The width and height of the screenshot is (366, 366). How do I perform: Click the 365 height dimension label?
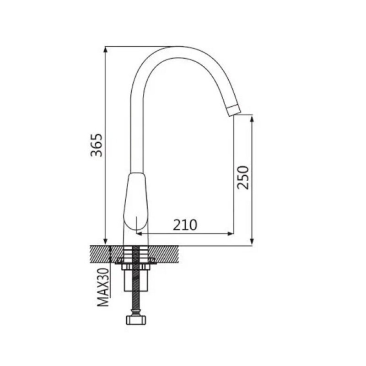[x=97, y=145]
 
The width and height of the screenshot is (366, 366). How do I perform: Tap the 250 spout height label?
[x=243, y=178]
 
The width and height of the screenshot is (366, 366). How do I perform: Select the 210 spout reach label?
[x=185, y=225]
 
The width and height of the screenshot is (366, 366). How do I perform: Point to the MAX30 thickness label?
[x=103, y=287]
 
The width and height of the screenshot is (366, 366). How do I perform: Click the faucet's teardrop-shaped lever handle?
[x=135, y=201]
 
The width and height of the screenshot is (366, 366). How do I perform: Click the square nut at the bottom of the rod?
[x=135, y=320]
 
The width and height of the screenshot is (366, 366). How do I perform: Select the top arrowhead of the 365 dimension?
[x=106, y=49]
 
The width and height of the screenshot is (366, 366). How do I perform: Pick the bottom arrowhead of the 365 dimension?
[x=106, y=242]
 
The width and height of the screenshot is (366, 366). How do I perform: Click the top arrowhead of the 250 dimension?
[x=252, y=118]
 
